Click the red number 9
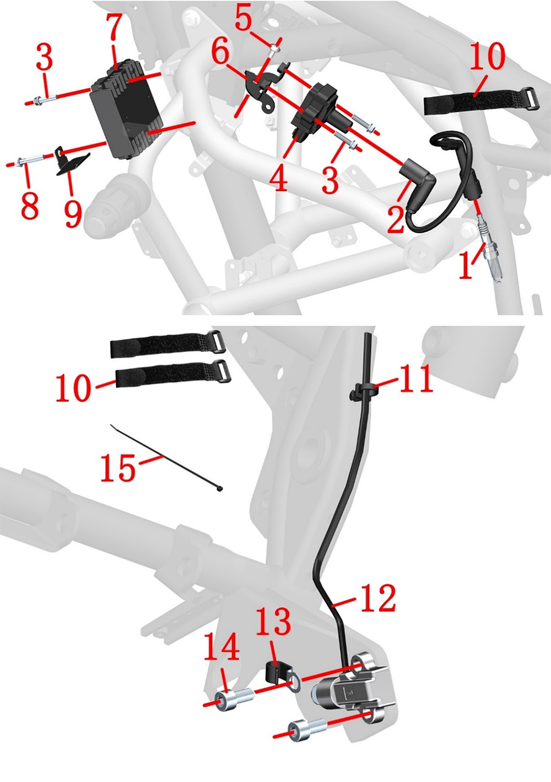(73, 213)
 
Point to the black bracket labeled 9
(72, 162)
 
